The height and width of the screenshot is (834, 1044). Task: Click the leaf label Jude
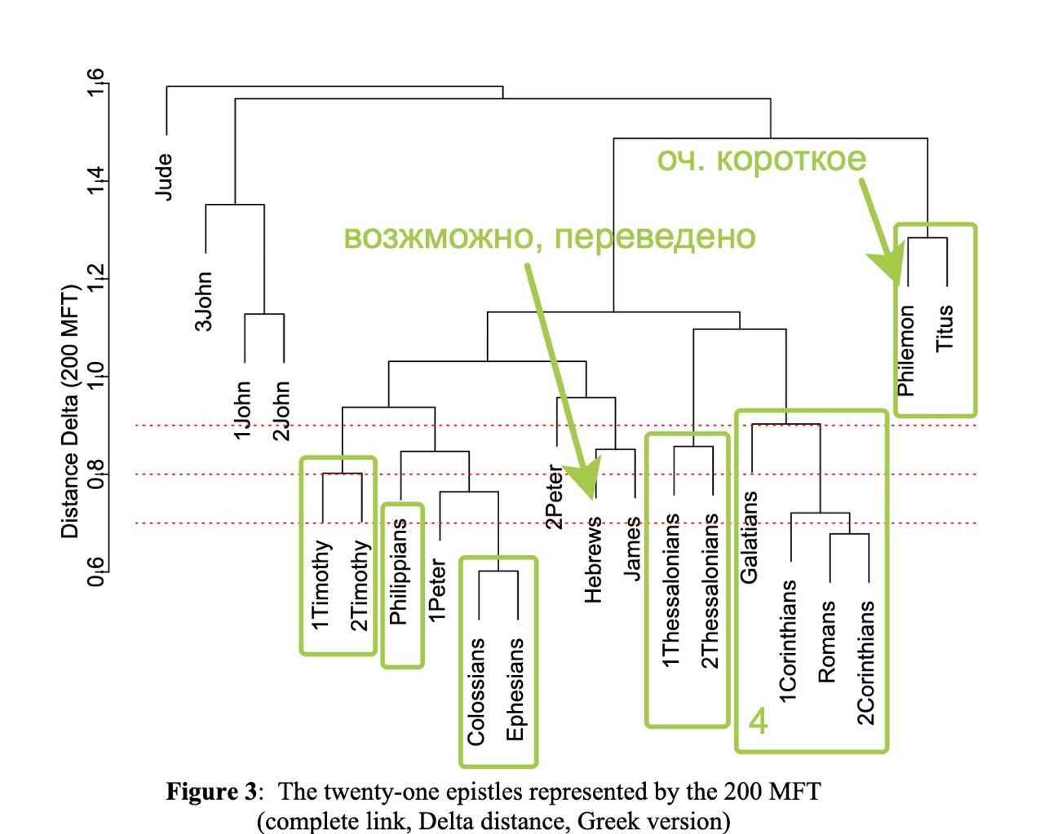[x=164, y=177]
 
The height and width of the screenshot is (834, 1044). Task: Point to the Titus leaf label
[x=945, y=329]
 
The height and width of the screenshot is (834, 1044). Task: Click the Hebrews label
[x=594, y=559]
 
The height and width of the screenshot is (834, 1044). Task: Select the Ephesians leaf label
[x=515, y=690]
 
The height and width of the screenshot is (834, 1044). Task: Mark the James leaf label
[x=633, y=549]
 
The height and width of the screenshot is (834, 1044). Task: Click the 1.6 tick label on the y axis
[x=96, y=83]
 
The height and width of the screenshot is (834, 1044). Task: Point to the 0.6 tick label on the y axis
[x=96, y=572]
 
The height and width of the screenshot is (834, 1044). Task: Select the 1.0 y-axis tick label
[x=96, y=377]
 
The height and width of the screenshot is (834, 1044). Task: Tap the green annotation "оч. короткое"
[x=762, y=159]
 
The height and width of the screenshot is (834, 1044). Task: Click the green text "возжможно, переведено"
[x=549, y=236]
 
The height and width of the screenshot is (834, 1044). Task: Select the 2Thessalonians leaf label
[x=710, y=590]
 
